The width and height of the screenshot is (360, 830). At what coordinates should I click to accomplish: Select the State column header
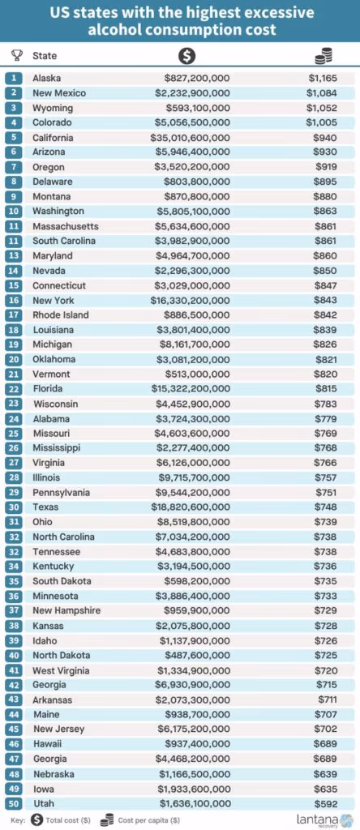[45, 56]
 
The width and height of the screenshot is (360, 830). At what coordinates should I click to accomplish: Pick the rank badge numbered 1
[15, 79]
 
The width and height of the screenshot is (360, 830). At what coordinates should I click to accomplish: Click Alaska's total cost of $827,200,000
[197, 79]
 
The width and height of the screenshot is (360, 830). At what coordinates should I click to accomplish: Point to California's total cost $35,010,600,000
[190, 138]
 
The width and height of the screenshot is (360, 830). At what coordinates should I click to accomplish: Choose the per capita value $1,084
[322, 93]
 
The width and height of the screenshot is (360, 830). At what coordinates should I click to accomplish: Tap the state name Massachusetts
[66, 226]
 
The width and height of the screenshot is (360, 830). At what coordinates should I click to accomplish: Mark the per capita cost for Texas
[326, 507]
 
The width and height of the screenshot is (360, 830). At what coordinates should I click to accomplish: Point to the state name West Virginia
[62, 670]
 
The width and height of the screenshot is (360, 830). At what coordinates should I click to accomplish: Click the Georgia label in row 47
[49, 759]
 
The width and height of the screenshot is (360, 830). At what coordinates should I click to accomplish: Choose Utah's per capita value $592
[326, 803]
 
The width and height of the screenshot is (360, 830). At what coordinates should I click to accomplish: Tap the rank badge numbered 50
[15, 803]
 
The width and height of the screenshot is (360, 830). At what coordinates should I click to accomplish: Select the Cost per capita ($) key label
[148, 820]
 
